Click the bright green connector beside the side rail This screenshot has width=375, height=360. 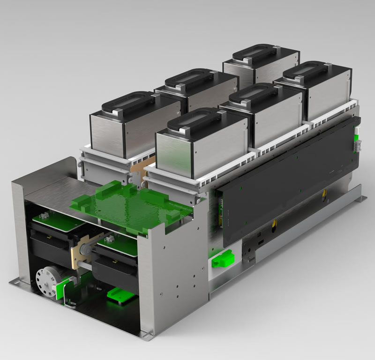point(222,258)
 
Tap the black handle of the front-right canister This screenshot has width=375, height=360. point(195,119)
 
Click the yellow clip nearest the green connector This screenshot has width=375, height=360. point(275,223)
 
